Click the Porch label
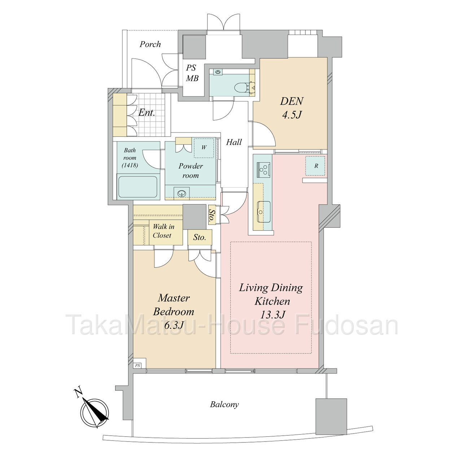(x=150, y=44)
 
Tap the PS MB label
(x=192, y=73)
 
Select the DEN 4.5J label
(x=292, y=108)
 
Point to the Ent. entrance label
(x=147, y=113)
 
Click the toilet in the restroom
(x=241, y=87)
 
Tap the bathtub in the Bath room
(x=138, y=187)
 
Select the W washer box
(x=204, y=148)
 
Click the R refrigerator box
(x=315, y=166)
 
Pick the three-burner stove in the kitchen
(x=263, y=170)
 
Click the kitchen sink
(x=264, y=212)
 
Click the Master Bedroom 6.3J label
(x=174, y=311)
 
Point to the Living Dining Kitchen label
(x=271, y=294)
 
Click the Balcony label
(x=225, y=405)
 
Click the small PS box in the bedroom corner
(x=138, y=366)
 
